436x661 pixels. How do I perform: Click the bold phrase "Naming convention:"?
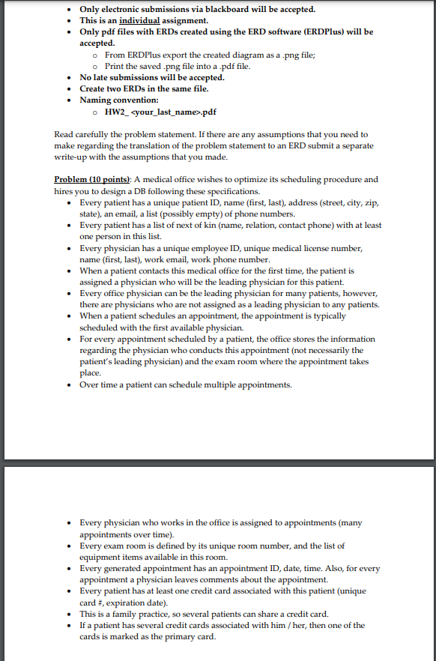[x=119, y=100]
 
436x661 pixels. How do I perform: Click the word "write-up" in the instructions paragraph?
[x=76, y=157]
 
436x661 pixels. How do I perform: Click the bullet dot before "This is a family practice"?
[x=70, y=614]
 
